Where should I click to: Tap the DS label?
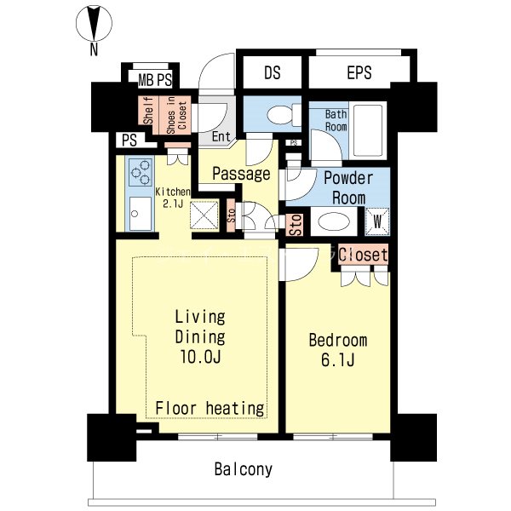pos(273,72)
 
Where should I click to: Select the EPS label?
pos(359,72)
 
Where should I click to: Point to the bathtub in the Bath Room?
pos(368,130)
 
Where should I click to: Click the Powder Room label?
pos(348,187)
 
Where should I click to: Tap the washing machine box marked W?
pos(377,221)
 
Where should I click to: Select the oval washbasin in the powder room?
pos(334,222)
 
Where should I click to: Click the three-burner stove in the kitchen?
pos(141,172)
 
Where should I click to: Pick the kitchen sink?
pos(141,214)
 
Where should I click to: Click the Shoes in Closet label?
pos(176,115)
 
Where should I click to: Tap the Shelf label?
pos(148,110)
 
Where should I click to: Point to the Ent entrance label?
pos(221,136)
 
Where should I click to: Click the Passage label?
pos(241,174)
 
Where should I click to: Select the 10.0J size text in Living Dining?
pos(200,357)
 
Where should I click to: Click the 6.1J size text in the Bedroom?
pos(337,359)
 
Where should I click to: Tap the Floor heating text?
pos(210,408)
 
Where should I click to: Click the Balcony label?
pos(243,469)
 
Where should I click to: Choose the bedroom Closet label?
pos(363,254)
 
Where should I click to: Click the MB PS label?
pos(155,80)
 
